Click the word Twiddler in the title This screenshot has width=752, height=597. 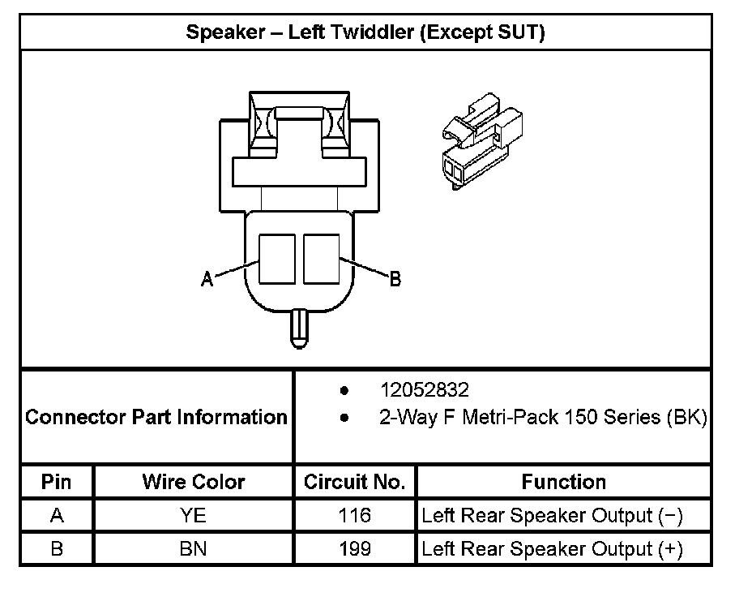point(372,32)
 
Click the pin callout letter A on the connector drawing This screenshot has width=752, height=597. point(207,278)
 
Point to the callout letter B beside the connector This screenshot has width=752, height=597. point(395,278)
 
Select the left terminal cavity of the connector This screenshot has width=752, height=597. point(276,259)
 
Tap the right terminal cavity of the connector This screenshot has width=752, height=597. point(322,259)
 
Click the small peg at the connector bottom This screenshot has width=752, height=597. point(299,329)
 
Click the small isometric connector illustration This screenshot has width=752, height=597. point(482,142)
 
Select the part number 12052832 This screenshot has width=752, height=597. point(425,389)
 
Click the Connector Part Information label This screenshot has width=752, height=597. point(156,417)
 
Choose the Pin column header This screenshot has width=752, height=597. point(56,481)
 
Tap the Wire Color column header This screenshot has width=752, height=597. point(194,481)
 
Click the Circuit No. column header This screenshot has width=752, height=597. point(354,481)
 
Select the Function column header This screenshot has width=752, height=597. point(563,481)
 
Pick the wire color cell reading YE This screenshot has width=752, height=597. point(194,515)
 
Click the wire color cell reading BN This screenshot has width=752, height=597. point(194,548)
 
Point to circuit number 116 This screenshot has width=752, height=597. point(354,515)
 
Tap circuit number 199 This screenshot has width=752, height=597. point(354,548)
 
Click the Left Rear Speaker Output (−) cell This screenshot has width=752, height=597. point(552,515)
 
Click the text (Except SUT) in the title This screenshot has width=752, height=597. point(482,32)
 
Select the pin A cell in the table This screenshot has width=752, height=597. point(57,515)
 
